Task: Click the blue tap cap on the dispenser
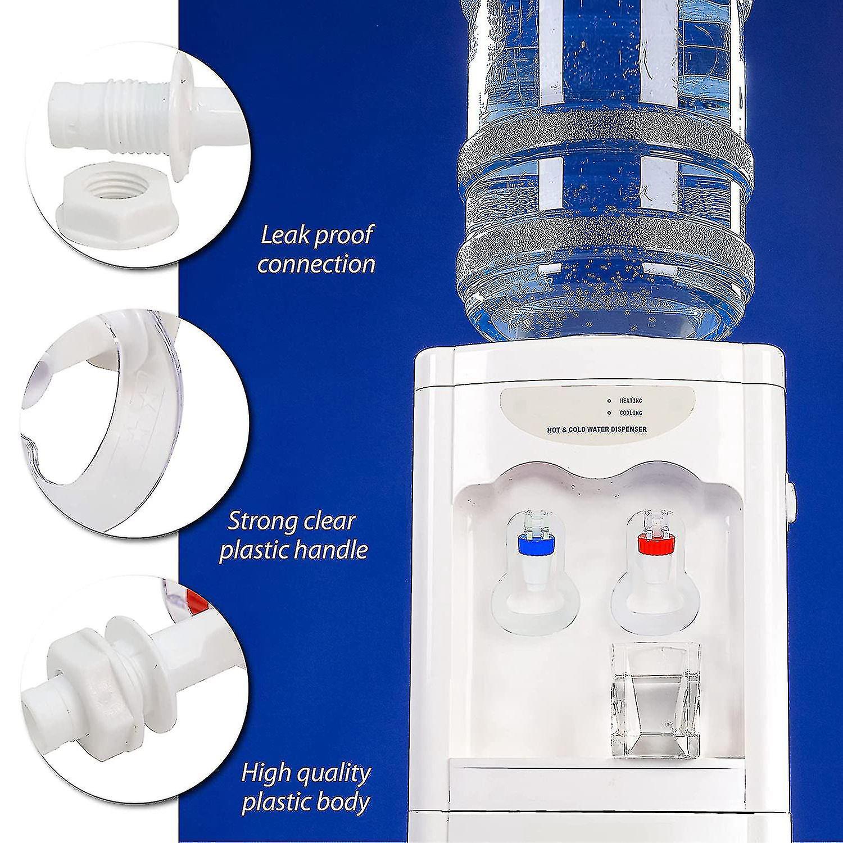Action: [x=536, y=543]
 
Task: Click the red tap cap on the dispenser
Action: [x=654, y=543]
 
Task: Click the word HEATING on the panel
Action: [x=631, y=401]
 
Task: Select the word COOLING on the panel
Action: [x=631, y=413]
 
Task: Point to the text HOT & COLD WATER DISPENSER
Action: [x=597, y=430]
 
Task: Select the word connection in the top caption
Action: [x=316, y=264]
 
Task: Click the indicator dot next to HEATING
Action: [x=609, y=401]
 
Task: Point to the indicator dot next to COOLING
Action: [x=609, y=413]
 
